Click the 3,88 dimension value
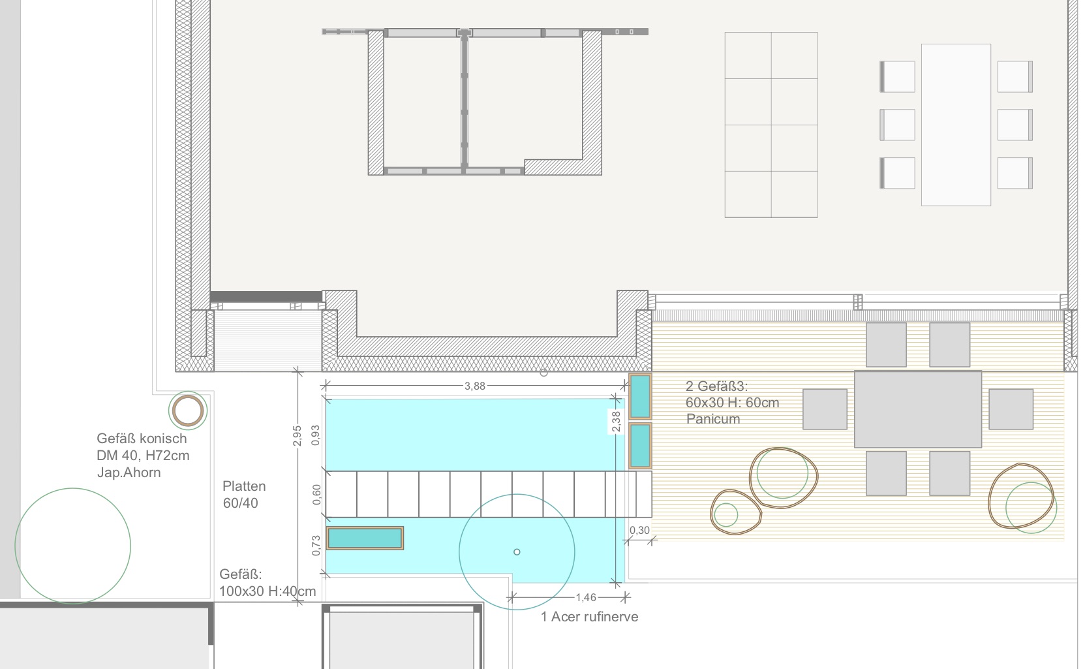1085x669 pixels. [475, 386]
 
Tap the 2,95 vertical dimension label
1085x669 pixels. [298, 436]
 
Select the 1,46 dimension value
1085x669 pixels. [586, 597]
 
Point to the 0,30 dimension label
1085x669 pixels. [639, 531]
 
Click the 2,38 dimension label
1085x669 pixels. [616, 422]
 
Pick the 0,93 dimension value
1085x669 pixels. [316, 435]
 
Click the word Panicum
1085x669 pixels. [713, 419]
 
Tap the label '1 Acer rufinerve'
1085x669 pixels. [590, 617]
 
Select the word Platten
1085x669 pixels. [244, 486]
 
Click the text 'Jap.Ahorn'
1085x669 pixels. [129, 473]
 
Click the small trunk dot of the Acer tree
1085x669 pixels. [517, 552]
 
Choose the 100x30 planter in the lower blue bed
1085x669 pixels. [365, 538]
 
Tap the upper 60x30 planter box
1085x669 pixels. [640, 396]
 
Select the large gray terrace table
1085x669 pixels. [918, 409]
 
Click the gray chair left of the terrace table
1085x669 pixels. [825, 409]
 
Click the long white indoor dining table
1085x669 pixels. [956, 125]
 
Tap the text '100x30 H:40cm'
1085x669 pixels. [267, 591]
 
